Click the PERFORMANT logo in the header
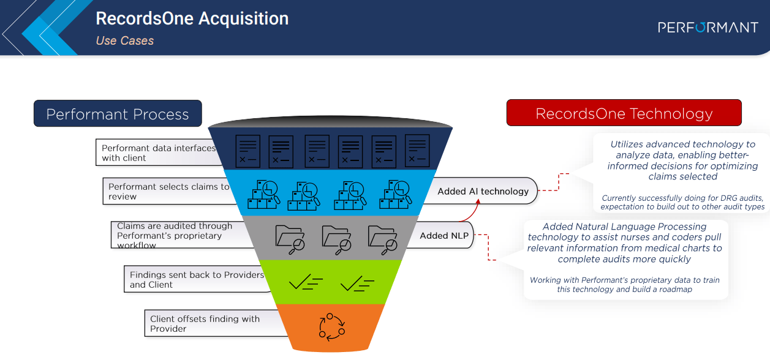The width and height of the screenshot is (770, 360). (x=708, y=27)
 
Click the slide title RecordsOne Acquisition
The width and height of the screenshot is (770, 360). (x=192, y=18)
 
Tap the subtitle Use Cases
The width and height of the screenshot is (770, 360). (x=125, y=41)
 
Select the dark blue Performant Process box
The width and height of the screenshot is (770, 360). (x=118, y=114)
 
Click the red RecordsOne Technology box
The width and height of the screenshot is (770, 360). (x=624, y=113)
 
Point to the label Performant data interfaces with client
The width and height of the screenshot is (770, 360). (x=158, y=152)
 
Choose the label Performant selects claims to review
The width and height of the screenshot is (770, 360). (x=168, y=192)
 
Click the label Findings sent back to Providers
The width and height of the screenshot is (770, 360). (x=196, y=280)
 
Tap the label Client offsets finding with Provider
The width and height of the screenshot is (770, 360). (x=205, y=324)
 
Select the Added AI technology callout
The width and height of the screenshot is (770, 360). (x=483, y=192)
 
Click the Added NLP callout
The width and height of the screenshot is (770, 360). (x=438, y=236)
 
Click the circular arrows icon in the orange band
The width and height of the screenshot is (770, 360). (x=331, y=326)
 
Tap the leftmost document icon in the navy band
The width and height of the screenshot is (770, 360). (x=247, y=151)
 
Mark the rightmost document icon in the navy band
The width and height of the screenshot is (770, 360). (x=418, y=151)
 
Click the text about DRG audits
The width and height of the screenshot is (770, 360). (x=682, y=202)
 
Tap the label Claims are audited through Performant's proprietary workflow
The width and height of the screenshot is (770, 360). (x=175, y=236)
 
